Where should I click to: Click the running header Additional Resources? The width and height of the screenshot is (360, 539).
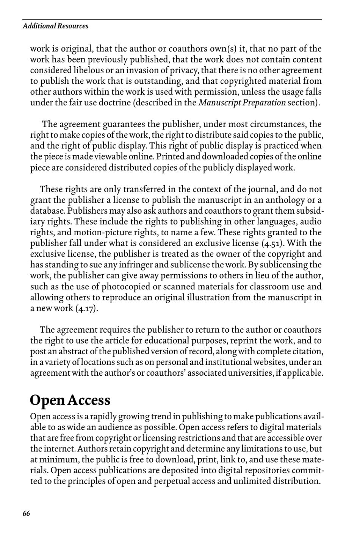55,26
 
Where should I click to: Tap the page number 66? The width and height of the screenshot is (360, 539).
26,514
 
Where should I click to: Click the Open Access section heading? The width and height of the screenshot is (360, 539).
70,400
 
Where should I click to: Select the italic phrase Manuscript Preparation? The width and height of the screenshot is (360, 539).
242,103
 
